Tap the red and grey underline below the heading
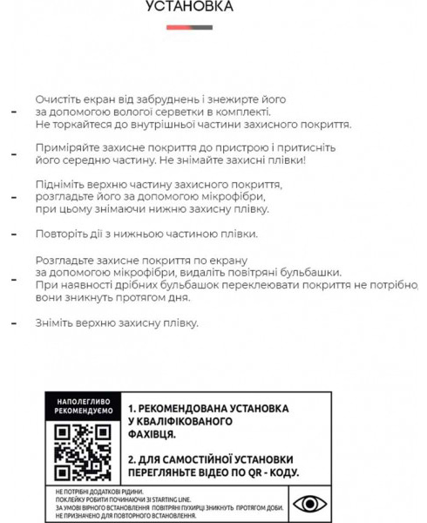pos(189,27)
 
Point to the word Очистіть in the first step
pos(58,99)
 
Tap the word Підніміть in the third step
pos(61,186)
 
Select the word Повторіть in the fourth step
pos(62,234)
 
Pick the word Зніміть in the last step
pos(55,323)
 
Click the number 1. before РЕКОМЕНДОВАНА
pos(131,408)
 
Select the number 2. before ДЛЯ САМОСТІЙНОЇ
pos(131,458)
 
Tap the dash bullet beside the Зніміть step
pos(13,323)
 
